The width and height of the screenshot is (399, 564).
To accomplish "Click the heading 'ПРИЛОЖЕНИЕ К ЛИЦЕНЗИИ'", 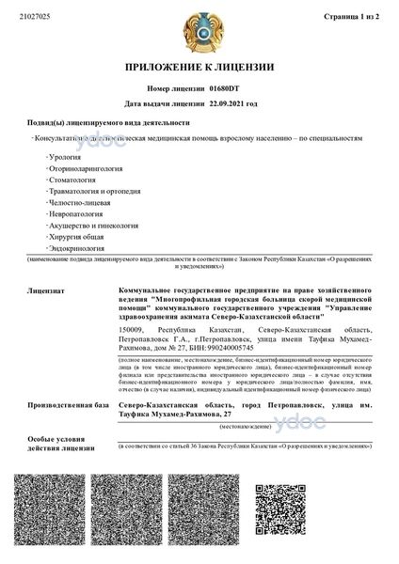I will pyautogui.click(x=199, y=68).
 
